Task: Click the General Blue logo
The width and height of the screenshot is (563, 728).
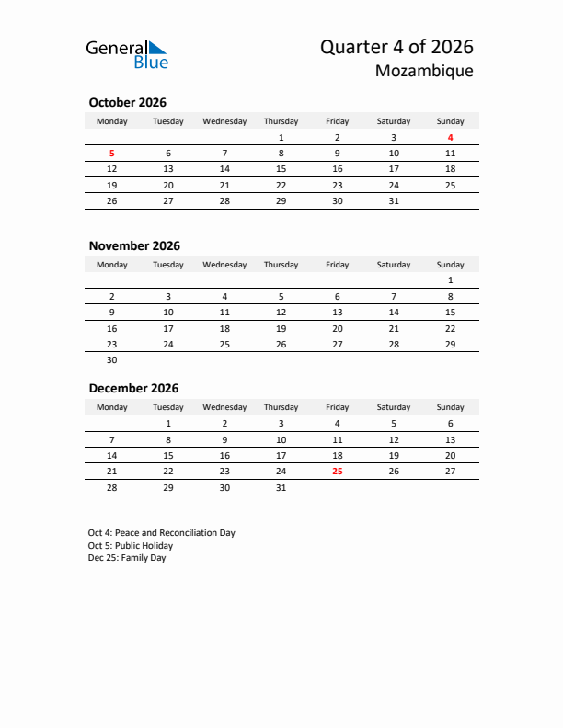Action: pyautogui.click(x=127, y=54)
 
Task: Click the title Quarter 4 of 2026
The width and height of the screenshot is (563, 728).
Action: pyautogui.click(x=396, y=47)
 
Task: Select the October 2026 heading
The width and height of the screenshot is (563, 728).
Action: pyautogui.click(x=127, y=103)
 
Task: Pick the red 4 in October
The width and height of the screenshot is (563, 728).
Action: pyautogui.click(x=450, y=138)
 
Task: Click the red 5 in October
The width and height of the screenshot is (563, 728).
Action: pyautogui.click(x=112, y=154)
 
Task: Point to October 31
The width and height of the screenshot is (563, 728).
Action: pyautogui.click(x=394, y=200)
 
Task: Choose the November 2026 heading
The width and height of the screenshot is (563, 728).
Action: pyautogui.click(x=134, y=245)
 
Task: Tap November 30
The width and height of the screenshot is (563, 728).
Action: pyautogui.click(x=112, y=360)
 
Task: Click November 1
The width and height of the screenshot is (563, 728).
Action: pyautogui.click(x=450, y=280)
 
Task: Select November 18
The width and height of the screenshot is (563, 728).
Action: pyautogui.click(x=224, y=328)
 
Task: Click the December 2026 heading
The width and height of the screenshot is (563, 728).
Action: pyautogui.click(x=133, y=389)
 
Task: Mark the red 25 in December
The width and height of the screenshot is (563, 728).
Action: pyautogui.click(x=337, y=471)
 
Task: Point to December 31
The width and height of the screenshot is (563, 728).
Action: pyautogui.click(x=281, y=487)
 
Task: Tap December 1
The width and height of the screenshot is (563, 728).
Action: pyautogui.click(x=168, y=423)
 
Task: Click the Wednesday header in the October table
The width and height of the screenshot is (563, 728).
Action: pyautogui.click(x=224, y=121)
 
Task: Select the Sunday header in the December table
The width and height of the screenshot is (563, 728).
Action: pyautogui.click(x=450, y=407)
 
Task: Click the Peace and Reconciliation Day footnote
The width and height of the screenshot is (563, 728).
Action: pyautogui.click(x=162, y=533)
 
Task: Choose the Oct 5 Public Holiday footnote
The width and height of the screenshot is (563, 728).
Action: pyautogui.click(x=131, y=546)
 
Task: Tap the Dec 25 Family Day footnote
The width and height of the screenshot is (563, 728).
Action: pyautogui.click(x=127, y=558)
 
